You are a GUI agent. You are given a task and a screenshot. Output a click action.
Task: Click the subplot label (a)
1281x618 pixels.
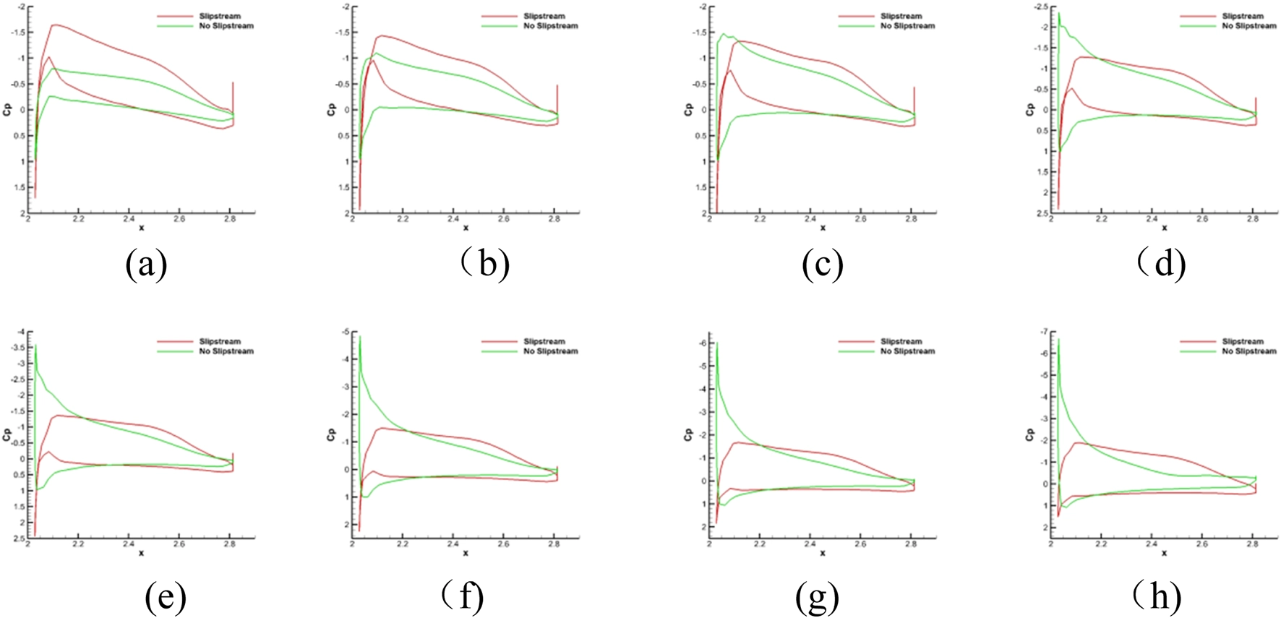[x=146, y=265]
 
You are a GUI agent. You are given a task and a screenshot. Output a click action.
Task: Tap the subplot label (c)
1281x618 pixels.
[x=823, y=265]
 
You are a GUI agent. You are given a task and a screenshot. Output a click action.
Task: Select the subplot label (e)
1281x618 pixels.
[x=166, y=597]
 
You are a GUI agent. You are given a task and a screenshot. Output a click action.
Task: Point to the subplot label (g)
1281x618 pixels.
[x=817, y=597]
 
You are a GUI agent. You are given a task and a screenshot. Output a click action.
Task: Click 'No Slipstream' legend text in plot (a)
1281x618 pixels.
[x=226, y=26]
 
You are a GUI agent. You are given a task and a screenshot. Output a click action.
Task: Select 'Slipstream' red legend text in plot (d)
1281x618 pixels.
[x=1243, y=16]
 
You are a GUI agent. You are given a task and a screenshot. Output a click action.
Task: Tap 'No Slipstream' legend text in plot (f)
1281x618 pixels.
[x=551, y=351]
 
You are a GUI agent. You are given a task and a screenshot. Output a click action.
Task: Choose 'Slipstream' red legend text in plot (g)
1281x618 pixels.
[x=901, y=341]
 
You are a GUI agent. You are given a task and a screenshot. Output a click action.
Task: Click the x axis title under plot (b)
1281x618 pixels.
[x=466, y=228]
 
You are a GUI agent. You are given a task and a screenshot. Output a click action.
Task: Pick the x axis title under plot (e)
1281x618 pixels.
[x=141, y=553]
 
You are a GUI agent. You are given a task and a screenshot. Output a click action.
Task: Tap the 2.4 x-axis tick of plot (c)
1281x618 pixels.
[x=810, y=218]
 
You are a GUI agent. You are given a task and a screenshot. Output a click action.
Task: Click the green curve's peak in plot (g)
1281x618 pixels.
[x=717, y=343]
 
